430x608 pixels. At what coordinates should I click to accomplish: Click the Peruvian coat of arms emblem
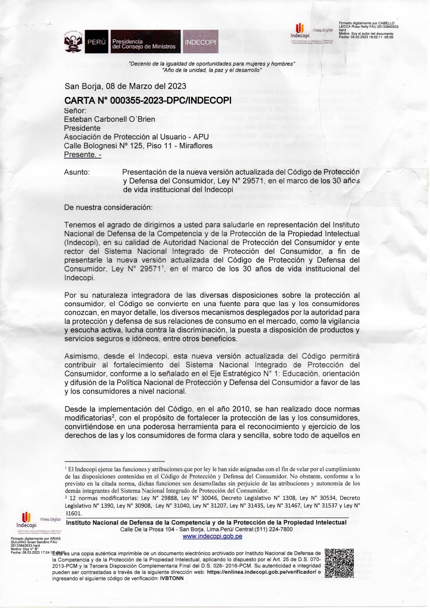coord(74,42)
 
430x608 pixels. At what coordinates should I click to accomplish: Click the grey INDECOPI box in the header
coord(200,42)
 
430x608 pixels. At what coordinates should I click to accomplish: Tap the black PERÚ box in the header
coord(96,42)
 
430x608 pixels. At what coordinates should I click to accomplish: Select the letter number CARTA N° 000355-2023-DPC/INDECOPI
coord(148,100)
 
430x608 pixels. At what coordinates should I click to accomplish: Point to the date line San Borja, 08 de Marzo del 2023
coord(125,86)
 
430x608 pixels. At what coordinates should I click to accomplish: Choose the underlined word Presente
coord(83,155)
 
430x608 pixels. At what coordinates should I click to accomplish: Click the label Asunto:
coord(77,172)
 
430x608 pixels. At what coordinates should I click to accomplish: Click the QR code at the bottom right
coord(339,563)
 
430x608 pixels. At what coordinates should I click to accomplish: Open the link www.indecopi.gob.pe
coord(212,536)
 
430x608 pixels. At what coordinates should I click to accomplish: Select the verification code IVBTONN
coord(172,579)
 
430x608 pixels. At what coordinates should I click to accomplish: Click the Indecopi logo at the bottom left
coord(26,520)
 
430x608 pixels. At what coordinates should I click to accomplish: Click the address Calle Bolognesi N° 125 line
coord(138,146)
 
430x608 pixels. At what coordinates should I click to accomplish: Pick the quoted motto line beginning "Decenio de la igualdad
coord(212,64)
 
